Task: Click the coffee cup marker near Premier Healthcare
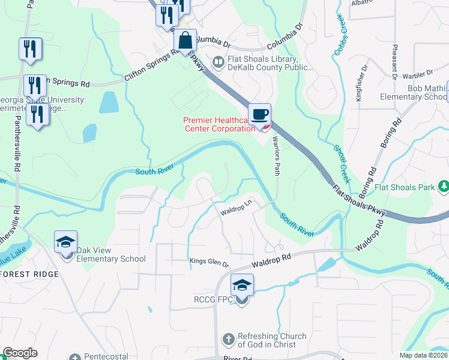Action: coord(259,115)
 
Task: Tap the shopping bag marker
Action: coord(185,41)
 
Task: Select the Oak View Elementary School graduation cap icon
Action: coord(65,242)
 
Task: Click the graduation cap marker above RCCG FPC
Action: coord(242,285)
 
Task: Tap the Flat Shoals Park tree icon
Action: coord(444,187)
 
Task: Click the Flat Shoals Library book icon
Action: coord(218,61)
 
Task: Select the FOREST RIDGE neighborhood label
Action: coord(29,274)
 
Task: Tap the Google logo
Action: coord(20,353)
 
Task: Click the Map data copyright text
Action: coord(424,355)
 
